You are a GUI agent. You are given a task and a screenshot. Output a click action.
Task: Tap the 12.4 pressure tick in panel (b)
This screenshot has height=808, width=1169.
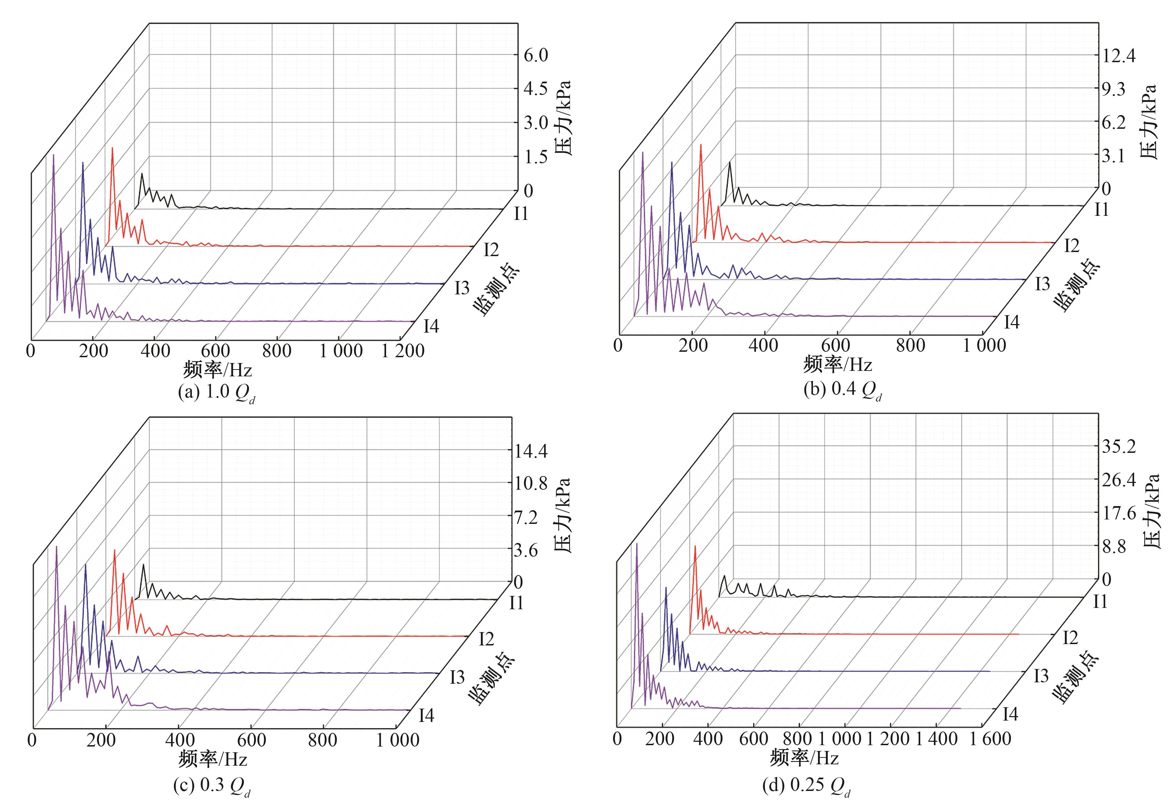(x=1118, y=56)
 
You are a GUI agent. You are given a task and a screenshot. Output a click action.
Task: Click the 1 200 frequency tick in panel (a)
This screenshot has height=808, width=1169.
(x=403, y=351)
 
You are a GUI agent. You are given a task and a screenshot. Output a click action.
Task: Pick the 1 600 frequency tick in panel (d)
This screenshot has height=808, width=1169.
(x=990, y=739)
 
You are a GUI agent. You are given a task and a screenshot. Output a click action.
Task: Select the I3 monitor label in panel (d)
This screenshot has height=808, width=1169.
(x=1041, y=676)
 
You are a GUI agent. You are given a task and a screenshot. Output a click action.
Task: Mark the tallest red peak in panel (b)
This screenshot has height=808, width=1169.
(x=701, y=145)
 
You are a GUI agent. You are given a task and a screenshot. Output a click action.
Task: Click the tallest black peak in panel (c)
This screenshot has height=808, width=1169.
(x=143, y=565)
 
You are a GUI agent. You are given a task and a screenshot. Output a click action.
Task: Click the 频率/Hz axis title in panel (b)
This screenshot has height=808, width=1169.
(x=838, y=364)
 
